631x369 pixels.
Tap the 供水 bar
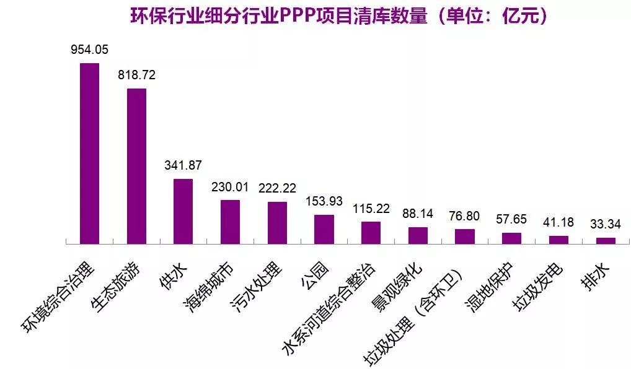pos(183,211)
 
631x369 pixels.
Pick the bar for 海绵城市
pos(230,222)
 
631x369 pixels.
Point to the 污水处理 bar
pos(277,223)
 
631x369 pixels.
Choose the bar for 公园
pos(324,229)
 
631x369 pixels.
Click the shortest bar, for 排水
pos(606,240)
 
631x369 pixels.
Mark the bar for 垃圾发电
pos(558,240)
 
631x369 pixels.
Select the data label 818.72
pos(136,75)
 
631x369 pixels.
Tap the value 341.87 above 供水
pos(183,165)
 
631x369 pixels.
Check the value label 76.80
pos(465,216)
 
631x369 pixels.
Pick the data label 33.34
pos(606,224)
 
